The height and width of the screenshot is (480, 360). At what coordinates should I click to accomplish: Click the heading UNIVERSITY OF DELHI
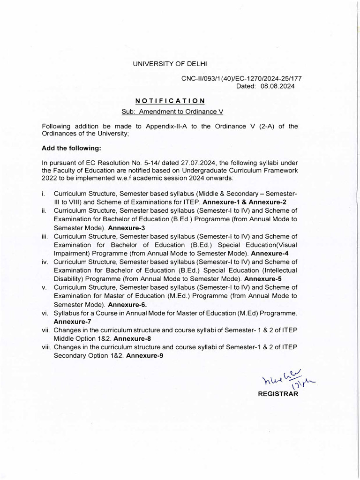[169, 63]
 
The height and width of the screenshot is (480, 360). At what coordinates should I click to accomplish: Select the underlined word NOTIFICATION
[170, 101]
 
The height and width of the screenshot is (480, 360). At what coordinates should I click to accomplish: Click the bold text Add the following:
[71, 148]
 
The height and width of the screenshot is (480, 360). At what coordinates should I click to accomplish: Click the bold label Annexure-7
[72, 322]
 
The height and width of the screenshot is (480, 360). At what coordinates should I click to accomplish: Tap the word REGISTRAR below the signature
[278, 394]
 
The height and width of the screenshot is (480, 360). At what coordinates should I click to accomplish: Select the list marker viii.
[46, 347]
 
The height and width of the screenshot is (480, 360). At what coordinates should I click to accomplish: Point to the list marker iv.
[45, 262]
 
